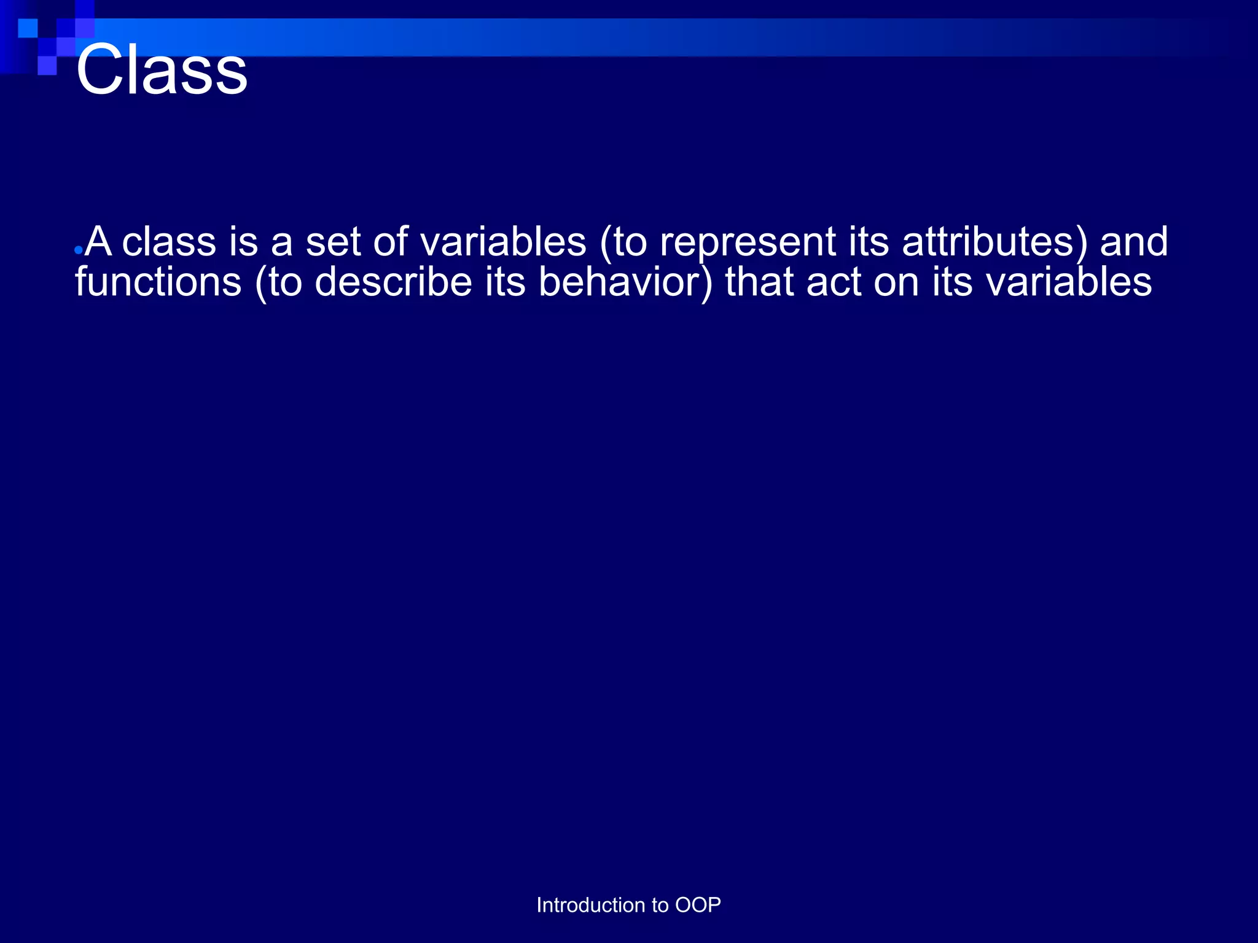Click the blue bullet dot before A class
78,250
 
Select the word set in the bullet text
332,241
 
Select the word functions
158,282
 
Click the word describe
393,282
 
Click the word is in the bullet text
243,241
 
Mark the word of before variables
390,241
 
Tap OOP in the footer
698,905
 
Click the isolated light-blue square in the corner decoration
28,28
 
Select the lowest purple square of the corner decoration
47,65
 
